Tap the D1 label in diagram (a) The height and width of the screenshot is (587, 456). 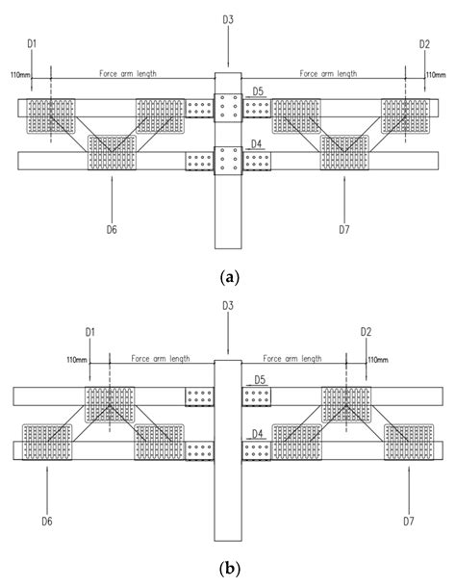point(31,43)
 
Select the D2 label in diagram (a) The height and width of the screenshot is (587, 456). point(424,43)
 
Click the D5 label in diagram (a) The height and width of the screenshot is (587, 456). point(258,91)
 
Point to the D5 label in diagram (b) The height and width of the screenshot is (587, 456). point(259,381)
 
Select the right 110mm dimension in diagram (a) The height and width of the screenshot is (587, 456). point(436,73)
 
